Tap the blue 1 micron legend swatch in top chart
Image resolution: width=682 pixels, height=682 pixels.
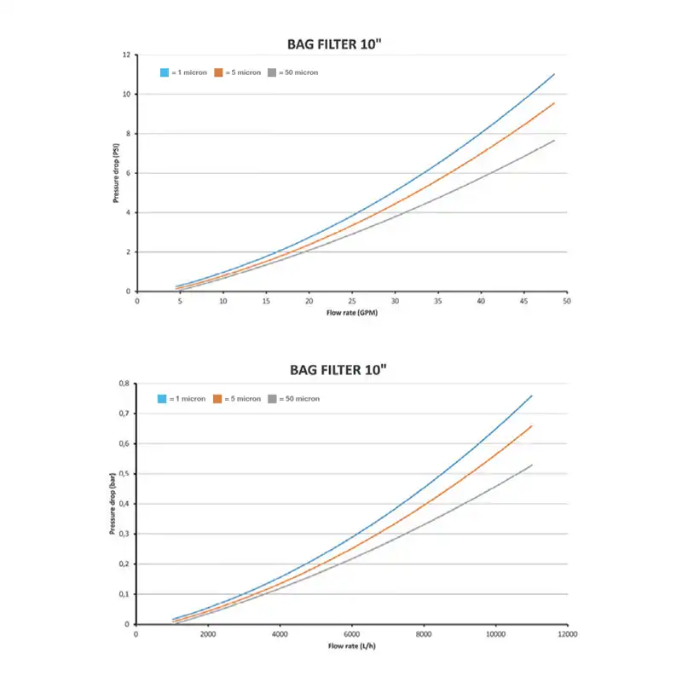coord(165,72)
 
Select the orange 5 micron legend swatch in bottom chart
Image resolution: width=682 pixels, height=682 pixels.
coord(217,398)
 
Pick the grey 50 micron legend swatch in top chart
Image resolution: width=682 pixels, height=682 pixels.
coord(272,72)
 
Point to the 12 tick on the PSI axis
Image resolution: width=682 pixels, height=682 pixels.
coord(127,55)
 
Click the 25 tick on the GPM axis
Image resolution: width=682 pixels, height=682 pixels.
coord(352,301)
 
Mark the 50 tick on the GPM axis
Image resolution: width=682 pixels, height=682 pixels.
coord(566,301)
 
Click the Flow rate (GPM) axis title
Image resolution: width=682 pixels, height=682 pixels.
coord(351,313)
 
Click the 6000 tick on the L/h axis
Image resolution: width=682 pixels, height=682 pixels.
coord(352,634)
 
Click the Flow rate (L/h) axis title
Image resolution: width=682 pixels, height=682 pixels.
coord(351,645)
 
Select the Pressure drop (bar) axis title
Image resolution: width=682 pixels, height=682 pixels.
coord(112,504)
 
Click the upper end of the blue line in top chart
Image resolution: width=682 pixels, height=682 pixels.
coord(555,74)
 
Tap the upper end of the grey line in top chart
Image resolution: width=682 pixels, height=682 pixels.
coord(555,140)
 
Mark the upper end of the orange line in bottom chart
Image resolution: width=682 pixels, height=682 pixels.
coord(532,425)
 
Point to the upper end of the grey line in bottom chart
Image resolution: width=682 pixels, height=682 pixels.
coord(532,465)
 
